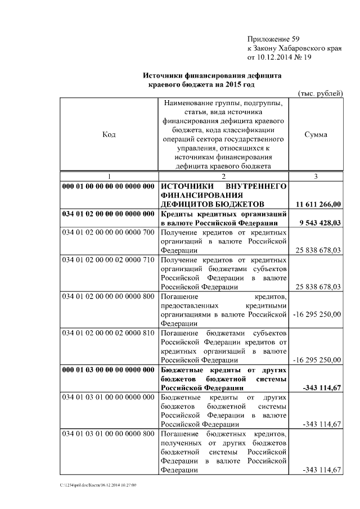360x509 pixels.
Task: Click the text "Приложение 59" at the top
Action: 274,39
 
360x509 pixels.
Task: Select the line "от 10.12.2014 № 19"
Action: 280,57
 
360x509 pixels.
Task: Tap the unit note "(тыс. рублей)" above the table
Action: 319,93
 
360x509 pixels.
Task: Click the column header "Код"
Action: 109,134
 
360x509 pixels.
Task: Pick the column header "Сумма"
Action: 316,134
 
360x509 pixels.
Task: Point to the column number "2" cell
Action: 223,177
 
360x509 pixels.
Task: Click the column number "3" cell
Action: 316,177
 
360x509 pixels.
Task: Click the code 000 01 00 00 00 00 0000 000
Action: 108,186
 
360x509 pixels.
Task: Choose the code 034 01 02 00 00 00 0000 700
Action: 108,232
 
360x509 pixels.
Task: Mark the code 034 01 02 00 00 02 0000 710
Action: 108,260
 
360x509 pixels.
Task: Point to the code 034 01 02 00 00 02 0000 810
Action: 108,333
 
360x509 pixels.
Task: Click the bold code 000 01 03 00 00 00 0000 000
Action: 108,370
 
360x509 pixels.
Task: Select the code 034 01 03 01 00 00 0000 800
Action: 108,434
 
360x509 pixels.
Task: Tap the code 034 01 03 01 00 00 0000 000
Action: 108,398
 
